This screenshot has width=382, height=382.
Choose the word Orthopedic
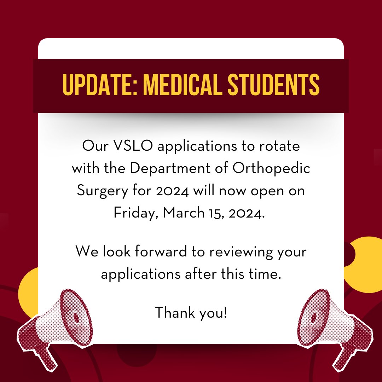point(271,168)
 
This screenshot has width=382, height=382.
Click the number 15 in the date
point(213,213)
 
